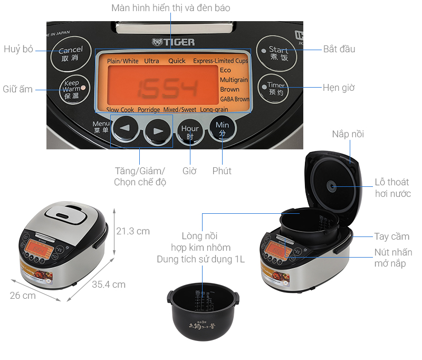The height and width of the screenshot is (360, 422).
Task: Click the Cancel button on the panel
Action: click(x=70, y=54)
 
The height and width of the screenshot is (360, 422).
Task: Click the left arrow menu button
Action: click(x=125, y=129)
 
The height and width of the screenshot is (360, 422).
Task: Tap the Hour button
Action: click(x=190, y=131)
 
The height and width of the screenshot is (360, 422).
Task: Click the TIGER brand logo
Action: click(x=173, y=42)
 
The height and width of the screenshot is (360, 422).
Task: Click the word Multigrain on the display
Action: click(x=233, y=80)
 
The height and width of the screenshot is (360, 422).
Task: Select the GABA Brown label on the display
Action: click(x=234, y=99)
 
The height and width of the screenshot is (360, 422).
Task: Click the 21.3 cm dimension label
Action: click(x=133, y=231)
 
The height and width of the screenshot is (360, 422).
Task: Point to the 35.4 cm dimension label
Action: click(x=109, y=284)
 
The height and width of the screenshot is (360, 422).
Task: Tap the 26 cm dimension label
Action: click(x=23, y=295)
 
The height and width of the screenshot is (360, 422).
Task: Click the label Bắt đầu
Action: click(x=339, y=49)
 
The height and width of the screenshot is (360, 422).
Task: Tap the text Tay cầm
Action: click(x=391, y=236)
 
